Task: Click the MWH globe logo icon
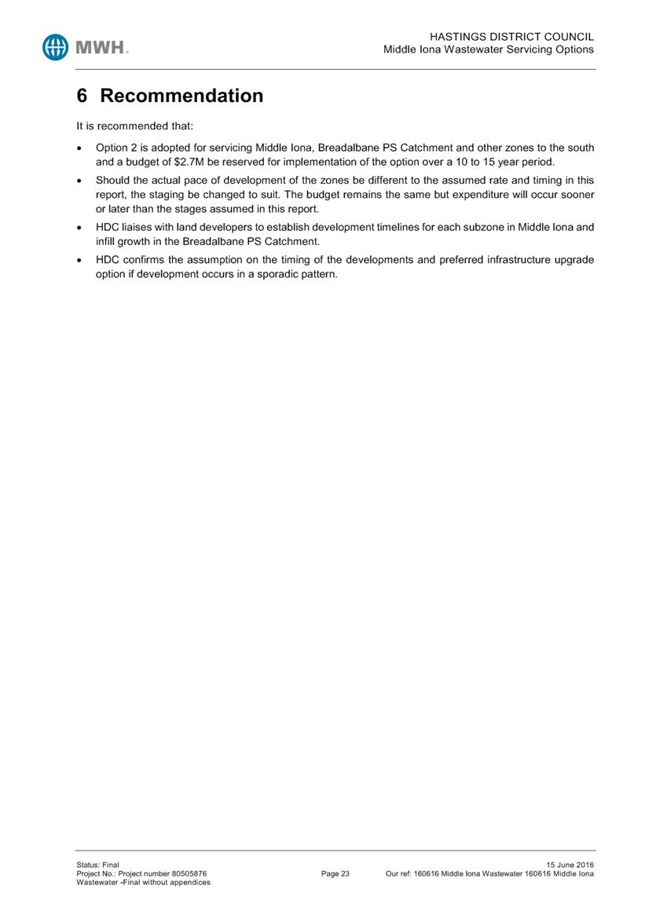point(57,47)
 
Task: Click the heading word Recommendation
point(181,96)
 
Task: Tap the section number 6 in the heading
point(82,96)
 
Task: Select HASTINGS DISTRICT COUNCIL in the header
point(513,37)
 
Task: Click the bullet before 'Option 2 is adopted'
point(79,148)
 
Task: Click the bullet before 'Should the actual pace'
point(79,181)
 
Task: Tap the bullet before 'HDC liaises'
point(79,228)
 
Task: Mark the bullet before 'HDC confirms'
point(79,260)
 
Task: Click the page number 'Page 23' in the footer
point(335,873)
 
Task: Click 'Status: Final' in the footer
point(97,865)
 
